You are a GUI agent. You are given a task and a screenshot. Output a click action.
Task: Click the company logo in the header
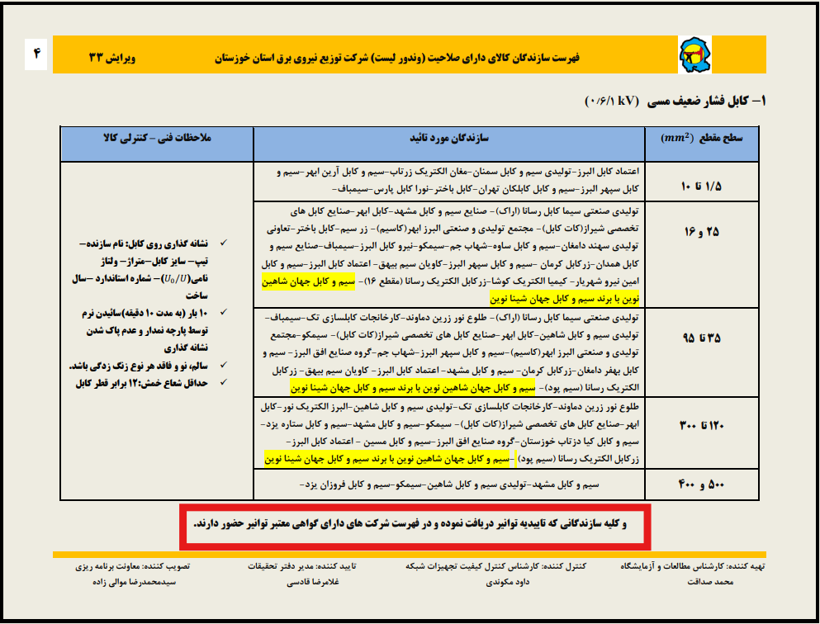click(691, 56)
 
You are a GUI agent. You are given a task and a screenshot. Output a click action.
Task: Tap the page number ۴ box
click(36, 56)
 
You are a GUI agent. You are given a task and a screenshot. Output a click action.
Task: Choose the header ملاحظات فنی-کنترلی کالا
click(156, 139)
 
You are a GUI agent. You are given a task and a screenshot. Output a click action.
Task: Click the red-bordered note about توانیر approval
click(418, 523)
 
